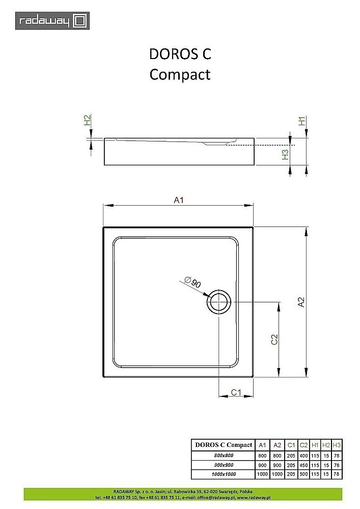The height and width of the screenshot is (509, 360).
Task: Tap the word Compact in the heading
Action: [x=180, y=74]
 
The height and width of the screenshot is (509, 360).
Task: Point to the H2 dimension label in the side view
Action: [x=88, y=121]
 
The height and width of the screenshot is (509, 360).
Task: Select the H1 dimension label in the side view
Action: [x=302, y=121]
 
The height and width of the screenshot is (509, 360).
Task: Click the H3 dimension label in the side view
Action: [x=286, y=154]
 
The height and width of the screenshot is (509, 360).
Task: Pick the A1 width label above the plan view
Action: [x=178, y=200]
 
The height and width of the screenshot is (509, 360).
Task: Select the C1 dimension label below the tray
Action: [x=236, y=392]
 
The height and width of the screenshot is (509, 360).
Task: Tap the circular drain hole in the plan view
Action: [x=219, y=302]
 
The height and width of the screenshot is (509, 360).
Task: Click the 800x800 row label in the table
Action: [x=224, y=456]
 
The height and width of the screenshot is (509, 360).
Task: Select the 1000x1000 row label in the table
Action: [x=224, y=474]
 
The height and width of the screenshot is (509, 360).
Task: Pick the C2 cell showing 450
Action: [x=304, y=465]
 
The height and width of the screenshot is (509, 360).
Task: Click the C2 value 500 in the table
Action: [x=304, y=474]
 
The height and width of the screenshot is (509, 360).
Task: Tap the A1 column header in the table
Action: [x=262, y=445]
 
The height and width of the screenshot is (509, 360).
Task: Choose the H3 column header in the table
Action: [x=336, y=445]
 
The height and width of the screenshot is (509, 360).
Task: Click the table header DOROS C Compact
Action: [x=224, y=445]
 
